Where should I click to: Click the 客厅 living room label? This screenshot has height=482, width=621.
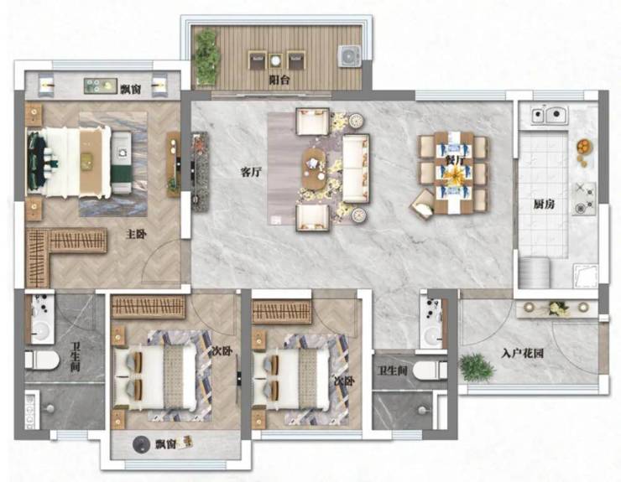coord(251,172)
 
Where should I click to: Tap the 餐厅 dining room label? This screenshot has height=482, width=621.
coord(454,160)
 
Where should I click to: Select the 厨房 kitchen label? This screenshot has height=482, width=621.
coord(544,205)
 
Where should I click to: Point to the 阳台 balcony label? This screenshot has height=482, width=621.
coord(279,80)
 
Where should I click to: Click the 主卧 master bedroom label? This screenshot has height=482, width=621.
coord(136,234)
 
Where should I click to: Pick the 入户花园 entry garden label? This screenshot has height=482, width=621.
coord(522,354)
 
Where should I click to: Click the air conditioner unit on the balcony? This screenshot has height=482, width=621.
coord(349,56)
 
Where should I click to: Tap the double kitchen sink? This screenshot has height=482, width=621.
coord(550,115)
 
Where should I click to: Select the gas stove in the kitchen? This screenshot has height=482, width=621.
coord(584,199)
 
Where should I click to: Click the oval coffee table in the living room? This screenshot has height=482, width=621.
coord(314,169)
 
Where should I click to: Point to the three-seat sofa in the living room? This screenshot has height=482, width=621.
coord(356,168)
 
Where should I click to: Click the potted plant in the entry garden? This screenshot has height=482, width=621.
coord(477,368)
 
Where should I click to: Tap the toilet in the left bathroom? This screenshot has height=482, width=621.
coord(42,360)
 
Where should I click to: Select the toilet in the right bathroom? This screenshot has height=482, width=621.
coord(430,371)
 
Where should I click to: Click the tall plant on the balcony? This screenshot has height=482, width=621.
coord(206,57)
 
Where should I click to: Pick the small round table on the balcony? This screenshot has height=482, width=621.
coord(275,60)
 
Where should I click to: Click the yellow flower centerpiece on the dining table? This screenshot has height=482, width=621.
coord(454,174)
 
